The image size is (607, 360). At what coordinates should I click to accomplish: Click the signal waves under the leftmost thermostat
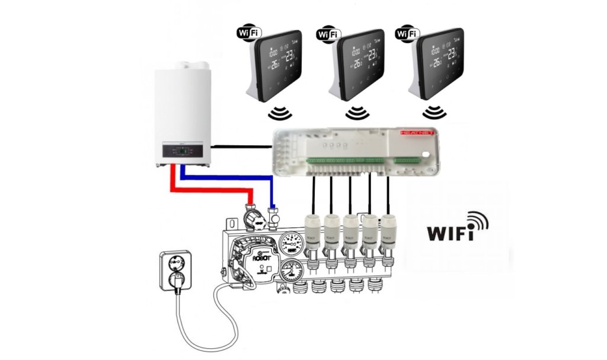tap(278, 113)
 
